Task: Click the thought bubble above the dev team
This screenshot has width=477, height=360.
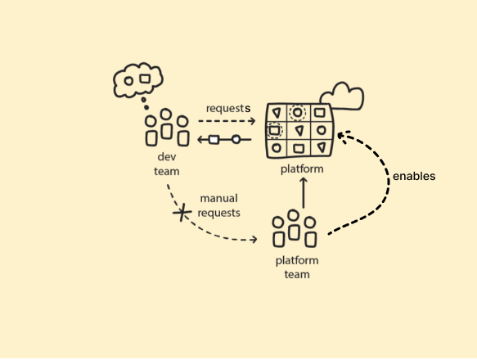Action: coord(137,80)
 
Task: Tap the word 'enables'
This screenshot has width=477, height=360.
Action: coord(414,176)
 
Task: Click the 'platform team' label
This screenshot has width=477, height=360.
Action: coord(297,268)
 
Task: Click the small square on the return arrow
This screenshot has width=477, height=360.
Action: coord(214,140)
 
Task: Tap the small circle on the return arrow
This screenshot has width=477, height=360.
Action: coord(236,140)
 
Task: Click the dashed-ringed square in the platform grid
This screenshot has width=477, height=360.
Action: coord(275,130)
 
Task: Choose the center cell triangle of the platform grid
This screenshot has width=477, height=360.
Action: coord(299,130)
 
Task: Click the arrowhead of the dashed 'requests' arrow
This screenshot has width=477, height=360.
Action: coord(252,121)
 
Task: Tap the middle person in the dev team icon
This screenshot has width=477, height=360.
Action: coord(167,125)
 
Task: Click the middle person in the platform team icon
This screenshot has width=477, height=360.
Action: coord(295,227)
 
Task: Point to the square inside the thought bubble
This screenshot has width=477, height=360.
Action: coord(145,79)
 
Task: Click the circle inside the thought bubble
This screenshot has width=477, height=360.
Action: coord(128,81)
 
